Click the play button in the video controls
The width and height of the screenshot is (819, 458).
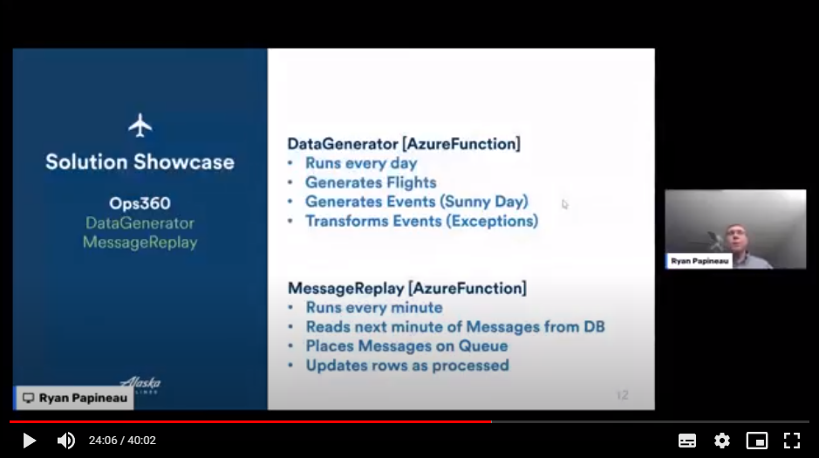tap(29, 441)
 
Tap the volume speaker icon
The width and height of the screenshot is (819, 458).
tap(65, 441)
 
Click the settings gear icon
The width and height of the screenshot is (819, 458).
tap(721, 441)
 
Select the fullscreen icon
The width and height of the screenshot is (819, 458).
tap(791, 441)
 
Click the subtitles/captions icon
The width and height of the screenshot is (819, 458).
tap(687, 441)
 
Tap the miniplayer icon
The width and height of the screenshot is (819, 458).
tap(756, 441)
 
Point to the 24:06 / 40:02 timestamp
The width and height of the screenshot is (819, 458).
tap(122, 441)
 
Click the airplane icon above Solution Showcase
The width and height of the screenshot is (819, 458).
tap(140, 125)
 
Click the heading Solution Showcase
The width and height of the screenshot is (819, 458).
tap(140, 161)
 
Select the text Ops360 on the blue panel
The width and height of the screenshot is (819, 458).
tap(140, 203)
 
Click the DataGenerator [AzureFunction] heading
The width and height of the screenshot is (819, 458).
tap(404, 143)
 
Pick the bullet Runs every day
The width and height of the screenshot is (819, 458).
tap(361, 163)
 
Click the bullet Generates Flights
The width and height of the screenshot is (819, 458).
tap(371, 182)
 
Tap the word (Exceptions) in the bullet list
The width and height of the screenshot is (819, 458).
tap(493, 221)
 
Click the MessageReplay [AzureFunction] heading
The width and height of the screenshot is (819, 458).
tap(407, 287)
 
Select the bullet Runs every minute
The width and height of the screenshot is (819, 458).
tap(373, 307)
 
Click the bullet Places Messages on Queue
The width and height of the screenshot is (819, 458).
tap(406, 345)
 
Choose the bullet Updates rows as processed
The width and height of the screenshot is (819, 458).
tap(406, 365)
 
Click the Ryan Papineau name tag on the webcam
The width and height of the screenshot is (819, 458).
tap(700, 261)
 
